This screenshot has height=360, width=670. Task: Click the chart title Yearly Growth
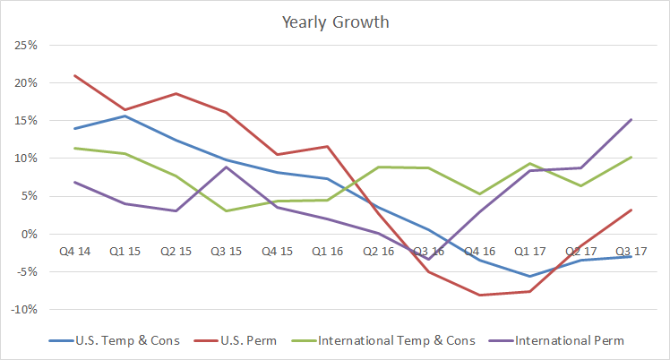click(334, 21)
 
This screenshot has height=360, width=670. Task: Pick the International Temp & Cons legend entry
click(393, 340)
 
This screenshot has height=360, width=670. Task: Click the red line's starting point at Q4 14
click(73, 75)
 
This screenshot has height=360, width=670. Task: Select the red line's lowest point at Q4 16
click(480, 295)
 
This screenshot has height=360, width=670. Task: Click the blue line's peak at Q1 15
click(125, 116)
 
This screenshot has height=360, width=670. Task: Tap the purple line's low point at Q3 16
click(429, 259)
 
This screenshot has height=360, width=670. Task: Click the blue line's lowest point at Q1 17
click(531, 276)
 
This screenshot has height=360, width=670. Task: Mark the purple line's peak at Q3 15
click(226, 167)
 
